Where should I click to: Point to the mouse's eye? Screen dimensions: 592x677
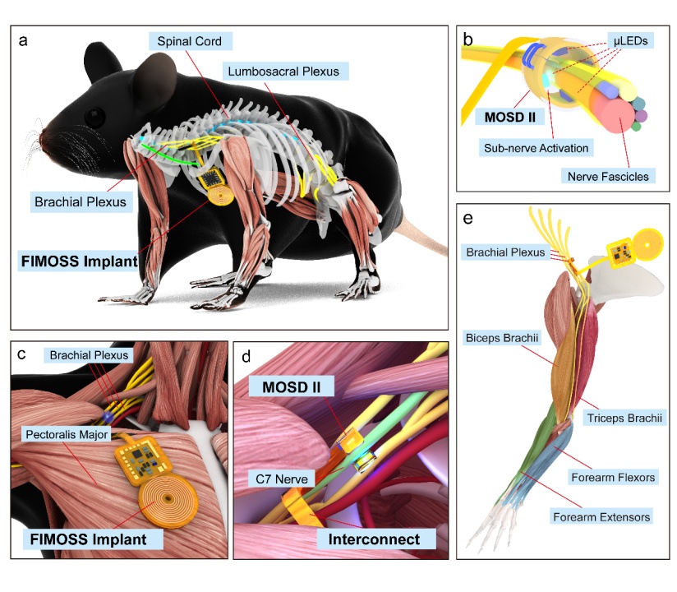tap(95, 116)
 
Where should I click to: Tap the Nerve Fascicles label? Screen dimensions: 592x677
tap(608, 175)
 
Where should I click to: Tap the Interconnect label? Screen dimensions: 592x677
tap(368, 540)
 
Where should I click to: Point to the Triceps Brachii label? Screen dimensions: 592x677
tap(623, 418)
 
